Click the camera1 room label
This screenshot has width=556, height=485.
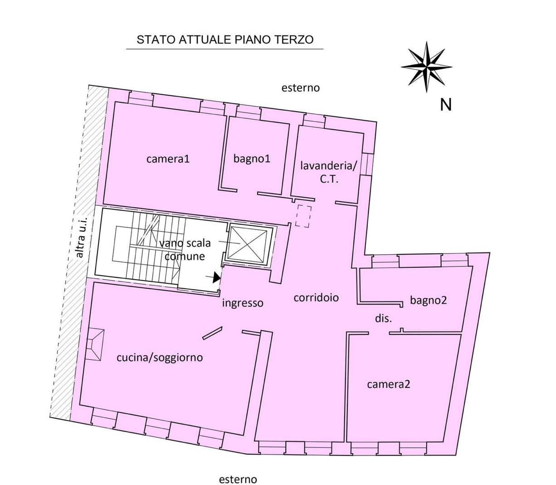(168, 159)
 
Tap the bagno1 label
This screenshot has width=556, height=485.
(252, 159)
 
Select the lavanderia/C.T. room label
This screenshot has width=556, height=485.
(329, 172)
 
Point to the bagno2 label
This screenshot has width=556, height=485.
(428, 300)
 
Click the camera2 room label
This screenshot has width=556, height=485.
(389, 384)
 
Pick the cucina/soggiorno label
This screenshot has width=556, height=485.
(160, 358)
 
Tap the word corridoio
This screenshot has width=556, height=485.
(316, 298)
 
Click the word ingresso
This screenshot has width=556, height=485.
(243, 303)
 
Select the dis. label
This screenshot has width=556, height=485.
(383, 319)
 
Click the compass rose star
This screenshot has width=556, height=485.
(426, 66)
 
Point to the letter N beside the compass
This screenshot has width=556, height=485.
(446, 105)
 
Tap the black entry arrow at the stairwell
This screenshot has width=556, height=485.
(216, 277)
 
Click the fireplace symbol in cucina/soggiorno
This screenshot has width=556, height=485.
(96, 344)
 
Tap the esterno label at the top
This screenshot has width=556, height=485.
(300, 88)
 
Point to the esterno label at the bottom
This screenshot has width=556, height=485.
(238, 480)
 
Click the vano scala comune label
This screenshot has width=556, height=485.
(185, 249)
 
